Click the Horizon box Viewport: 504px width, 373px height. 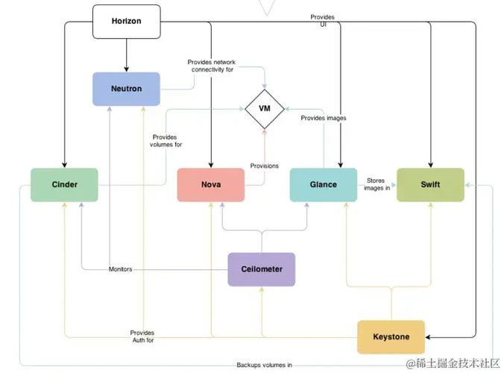pyautogui.click(x=126, y=21)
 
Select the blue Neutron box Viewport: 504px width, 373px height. pyautogui.click(x=126, y=89)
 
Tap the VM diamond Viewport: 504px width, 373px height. pyautogui.click(x=264, y=108)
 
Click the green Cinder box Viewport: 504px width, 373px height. pyautogui.click(x=64, y=184)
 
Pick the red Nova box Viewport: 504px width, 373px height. pyautogui.click(x=210, y=184)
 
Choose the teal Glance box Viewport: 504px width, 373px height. pyautogui.click(x=323, y=184)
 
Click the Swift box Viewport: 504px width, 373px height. pyautogui.click(x=429, y=184)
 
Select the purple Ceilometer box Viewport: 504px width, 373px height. pyautogui.click(x=261, y=269)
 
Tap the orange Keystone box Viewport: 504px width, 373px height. pyautogui.click(x=391, y=336)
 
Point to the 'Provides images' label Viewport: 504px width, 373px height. pyautogui.click(x=323, y=118)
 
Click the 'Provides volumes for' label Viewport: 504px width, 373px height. pyautogui.click(x=166, y=140)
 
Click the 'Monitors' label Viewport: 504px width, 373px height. pyautogui.click(x=120, y=269)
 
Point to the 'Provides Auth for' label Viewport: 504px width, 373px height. pyautogui.click(x=142, y=336)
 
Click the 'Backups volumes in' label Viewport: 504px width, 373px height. pyautogui.click(x=264, y=365)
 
